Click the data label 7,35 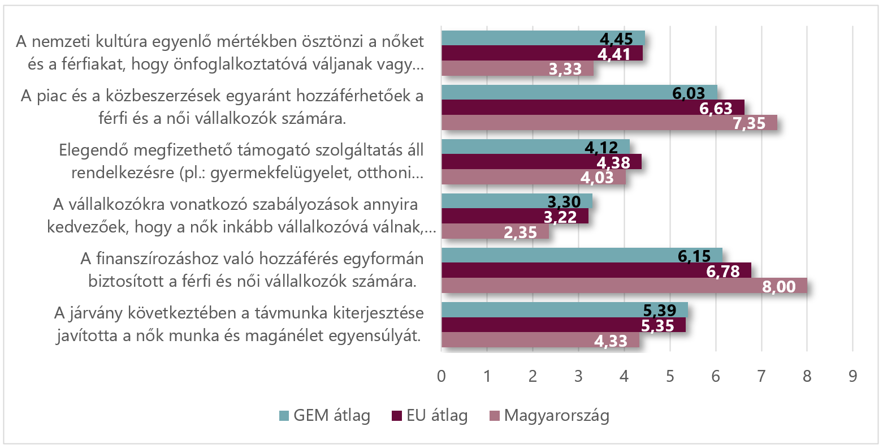click(x=749, y=123)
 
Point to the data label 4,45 click(x=616, y=39)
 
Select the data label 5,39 click(x=660, y=311)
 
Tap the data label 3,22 click(x=560, y=217)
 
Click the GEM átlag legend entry click(x=325, y=416)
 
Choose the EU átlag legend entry click(x=430, y=416)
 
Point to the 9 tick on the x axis click(x=852, y=377)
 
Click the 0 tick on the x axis click(x=441, y=377)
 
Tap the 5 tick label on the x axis click(x=670, y=377)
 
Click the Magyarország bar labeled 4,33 click(x=540, y=340)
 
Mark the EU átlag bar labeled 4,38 click(x=541, y=162)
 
